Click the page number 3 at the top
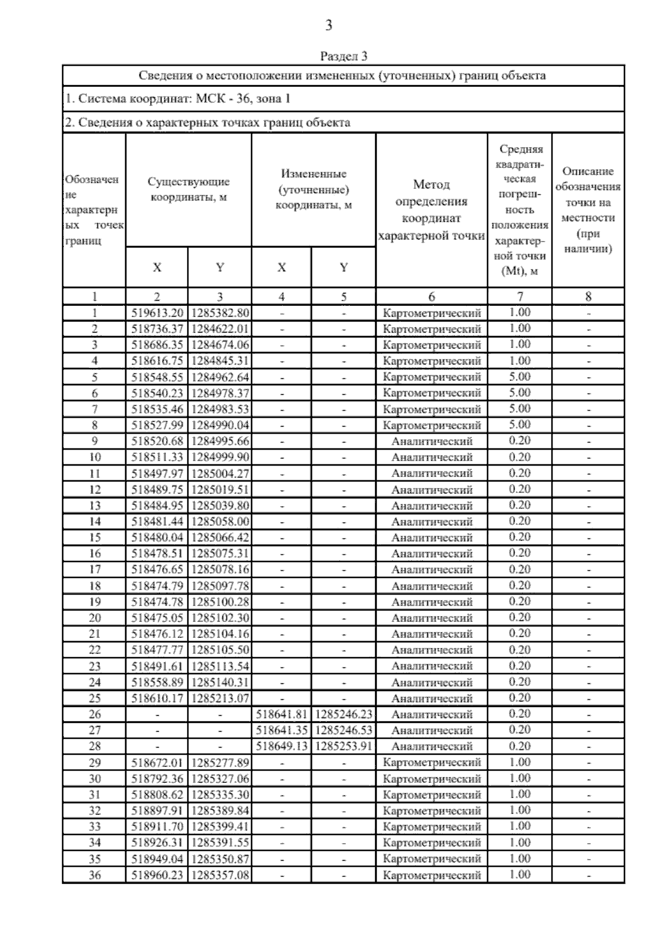[328, 25]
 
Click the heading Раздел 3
[343, 57]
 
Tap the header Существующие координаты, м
[188, 189]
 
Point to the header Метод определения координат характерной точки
[432, 210]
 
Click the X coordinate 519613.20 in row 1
[157, 313]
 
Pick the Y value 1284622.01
[220, 329]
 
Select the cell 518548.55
[157, 377]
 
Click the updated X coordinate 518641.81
[282, 714]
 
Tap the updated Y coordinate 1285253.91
[344, 746]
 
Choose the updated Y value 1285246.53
[344, 730]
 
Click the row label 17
[94, 570]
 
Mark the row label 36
[94, 875]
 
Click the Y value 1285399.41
[220, 827]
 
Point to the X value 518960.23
[157, 875]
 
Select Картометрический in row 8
[432, 425]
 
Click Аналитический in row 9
[432, 441]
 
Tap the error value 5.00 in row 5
[520, 377]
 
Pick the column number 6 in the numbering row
[432, 297]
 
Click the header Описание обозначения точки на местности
[588, 210]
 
